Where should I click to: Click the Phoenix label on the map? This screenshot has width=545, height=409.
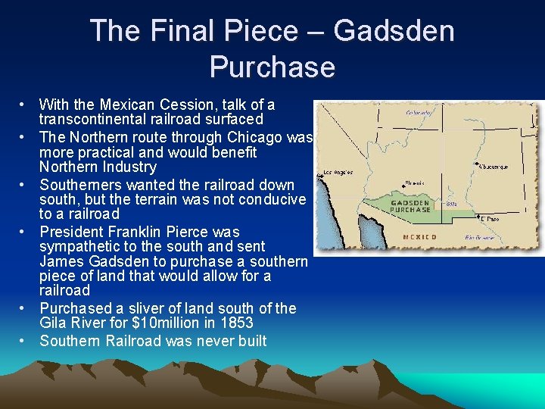click(x=413, y=183)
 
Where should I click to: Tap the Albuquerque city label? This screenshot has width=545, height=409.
click(x=493, y=167)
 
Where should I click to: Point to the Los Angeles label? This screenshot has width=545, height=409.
click(x=339, y=172)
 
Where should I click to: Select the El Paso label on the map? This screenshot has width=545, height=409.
click(x=490, y=218)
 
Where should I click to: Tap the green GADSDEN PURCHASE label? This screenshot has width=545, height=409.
click(x=411, y=206)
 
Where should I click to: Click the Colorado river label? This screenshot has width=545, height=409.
click(x=419, y=112)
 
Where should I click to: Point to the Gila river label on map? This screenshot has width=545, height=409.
click(x=451, y=203)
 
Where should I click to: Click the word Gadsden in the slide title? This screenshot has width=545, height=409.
click(x=394, y=32)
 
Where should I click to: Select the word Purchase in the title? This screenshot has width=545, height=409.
click(x=272, y=67)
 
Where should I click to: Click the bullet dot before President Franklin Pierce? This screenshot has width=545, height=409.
click(x=25, y=232)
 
